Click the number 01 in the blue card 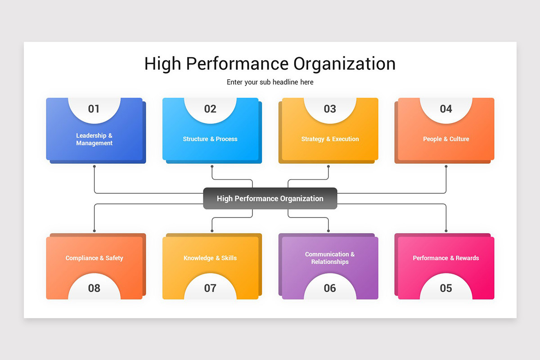pos(94,109)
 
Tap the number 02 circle pos(210,109)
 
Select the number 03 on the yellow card pos(330,109)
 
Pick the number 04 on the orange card pos(446,109)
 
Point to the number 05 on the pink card pos(446,288)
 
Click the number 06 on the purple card pos(330,288)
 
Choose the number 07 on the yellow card pos(210,288)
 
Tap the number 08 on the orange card pos(94,288)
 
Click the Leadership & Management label pos(94,139)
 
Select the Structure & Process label pos(210,139)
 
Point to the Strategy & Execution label pos(330,139)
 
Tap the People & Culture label pos(446,139)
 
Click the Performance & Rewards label pos(446,258)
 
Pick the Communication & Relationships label pos(330,258)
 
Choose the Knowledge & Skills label pos(210,258)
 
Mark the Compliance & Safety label pos(94,258)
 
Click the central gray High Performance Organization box pos(270,198)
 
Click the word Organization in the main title pos(345,63)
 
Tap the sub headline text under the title pos(270,82)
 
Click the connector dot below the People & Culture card pos(446,166)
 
